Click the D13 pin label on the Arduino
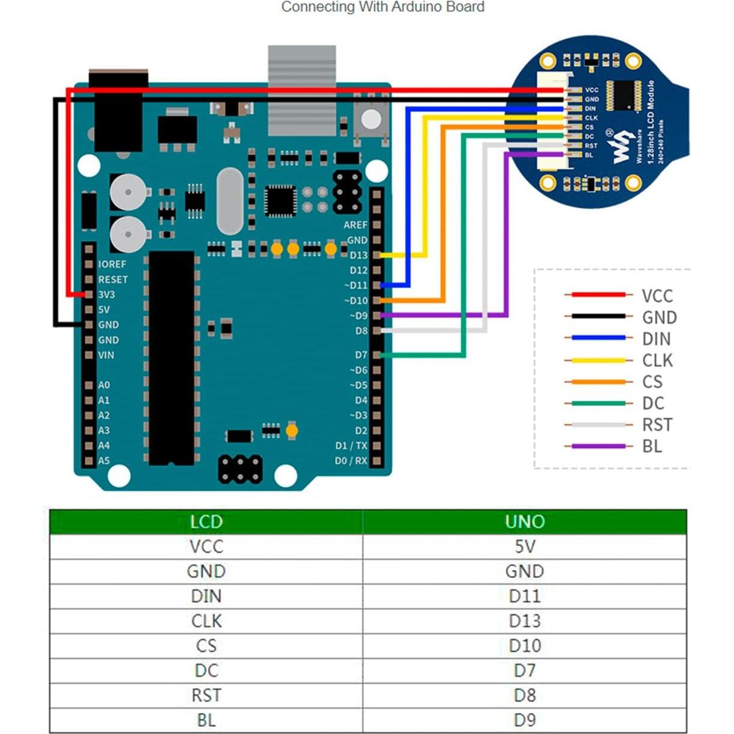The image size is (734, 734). pyautogui.click(x=358, y=255)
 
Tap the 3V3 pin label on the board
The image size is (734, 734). pyautogui.click(x=106, y=294)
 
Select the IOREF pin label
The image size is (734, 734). pyautogui.click(x=112, y=264)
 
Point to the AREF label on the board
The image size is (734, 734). pyautogui.click(x=355, y=225)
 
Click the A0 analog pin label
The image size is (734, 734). pyautogui.click(x=104, y=385)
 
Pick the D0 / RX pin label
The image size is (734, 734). pyautogui.click(x=351, y=461)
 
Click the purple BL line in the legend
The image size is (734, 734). pyautogui.click(x=598, y=446)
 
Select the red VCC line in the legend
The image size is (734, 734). pyautogui.click(x=598, y=294)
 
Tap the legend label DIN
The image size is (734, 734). pyautogui.click(x=656, y=339)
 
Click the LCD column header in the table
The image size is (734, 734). pyautogui.click(x=206, y=522)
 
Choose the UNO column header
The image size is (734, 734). pyautogui.click(x=524, y=522)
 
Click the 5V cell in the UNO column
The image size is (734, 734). pyautogui.click(x=524, y=547)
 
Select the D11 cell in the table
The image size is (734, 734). pyautogui.click(x=524, y=596)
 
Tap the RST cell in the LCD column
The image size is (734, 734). pyautogui.click(x=206, y=695)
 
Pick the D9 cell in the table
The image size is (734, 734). pyautogui.click(x=524, y=720)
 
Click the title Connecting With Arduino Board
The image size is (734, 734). pyautogui.click(x=383, y=7)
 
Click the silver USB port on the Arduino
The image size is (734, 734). pyautogui.click(x=302, y=90)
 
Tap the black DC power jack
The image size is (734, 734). pyautogui.click(x=118, y=111)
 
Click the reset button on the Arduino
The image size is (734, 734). pyautogui.click(x=371, y=120)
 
